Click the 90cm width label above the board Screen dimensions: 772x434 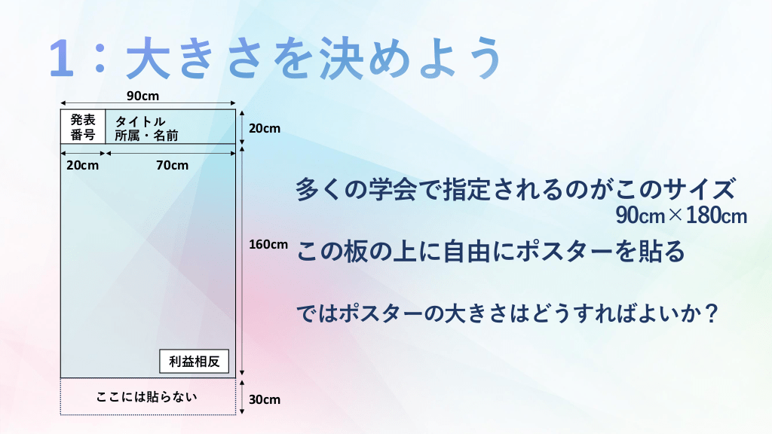(142, 96)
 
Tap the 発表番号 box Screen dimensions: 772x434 (83, 127)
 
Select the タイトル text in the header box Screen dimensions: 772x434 (139, 121)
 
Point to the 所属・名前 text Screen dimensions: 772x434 (146, 136)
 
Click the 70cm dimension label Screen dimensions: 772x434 (173, 165)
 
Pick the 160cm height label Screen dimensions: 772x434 (268, 244)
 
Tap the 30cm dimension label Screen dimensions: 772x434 (265, 399)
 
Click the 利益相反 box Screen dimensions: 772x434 (194, 361)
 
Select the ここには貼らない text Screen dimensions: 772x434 (147, 396)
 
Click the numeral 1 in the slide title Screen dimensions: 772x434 (62, 58)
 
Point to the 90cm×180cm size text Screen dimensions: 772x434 (682, 215)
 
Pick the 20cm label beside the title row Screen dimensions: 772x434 (265, 128)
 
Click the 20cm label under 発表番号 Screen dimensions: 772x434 (82, 165)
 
